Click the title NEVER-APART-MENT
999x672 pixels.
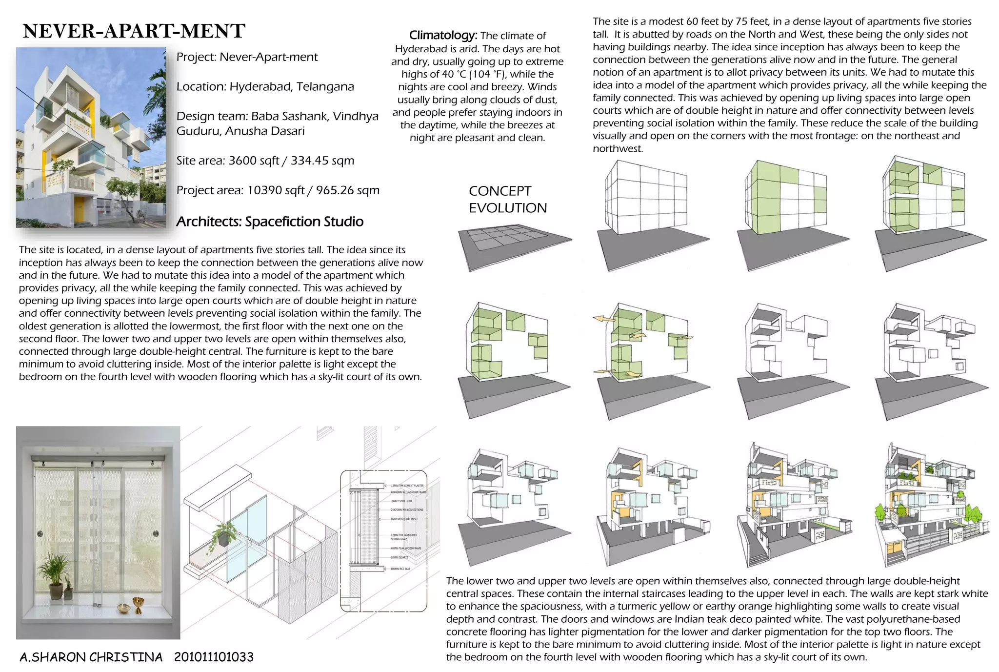click(134, 31)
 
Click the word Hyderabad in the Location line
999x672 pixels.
click(260, 87)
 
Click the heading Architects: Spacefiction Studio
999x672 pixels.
click(270, 222)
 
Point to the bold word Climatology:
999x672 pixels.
click(443, 35)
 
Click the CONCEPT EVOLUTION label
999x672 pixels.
click(507, 199)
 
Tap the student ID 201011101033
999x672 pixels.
click(214, 657)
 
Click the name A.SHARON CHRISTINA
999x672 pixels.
click(91, 657)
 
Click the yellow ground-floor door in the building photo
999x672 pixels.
click(80, 208)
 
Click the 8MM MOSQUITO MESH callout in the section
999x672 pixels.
click(404, 519)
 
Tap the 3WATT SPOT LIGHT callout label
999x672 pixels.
click(401, 501)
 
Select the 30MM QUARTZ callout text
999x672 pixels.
click(399, 557)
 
